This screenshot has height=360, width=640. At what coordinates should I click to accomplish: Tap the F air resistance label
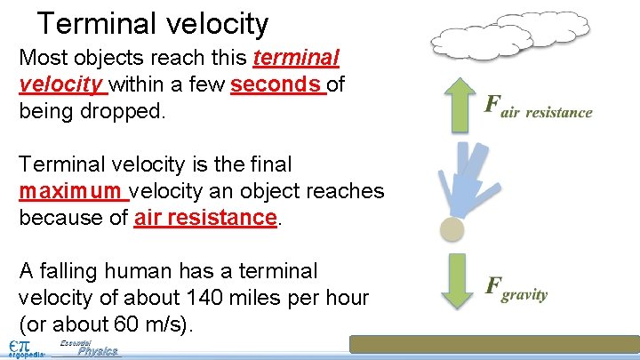coord(537,107)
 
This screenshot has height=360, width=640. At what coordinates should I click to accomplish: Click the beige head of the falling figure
coord(453,229)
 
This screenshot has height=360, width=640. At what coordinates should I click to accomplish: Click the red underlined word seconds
coord(277,85)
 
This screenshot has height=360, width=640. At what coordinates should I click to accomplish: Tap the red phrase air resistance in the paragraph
coord(205,218)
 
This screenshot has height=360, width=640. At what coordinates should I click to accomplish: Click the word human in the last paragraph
coord(130,271)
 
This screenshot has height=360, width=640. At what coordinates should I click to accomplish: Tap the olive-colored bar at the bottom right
coord(493,344)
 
